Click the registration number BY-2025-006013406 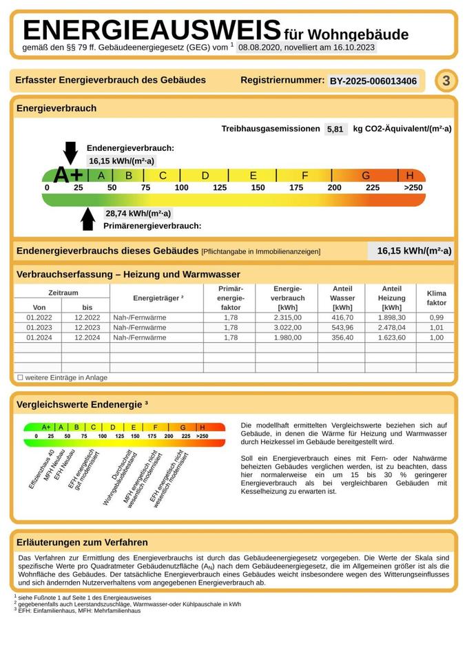click(373, 81)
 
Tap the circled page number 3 click(446, 81)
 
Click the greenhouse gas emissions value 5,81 click(335, 129)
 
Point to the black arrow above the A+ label click(70, 152)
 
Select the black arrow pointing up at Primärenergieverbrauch click(87, 218)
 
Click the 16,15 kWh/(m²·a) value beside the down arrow click(121, 160)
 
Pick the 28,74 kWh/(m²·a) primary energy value click(138, 213)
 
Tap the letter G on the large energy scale click(366, 176)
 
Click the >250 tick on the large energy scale click(413, 188)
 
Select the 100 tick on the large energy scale click(181, 188)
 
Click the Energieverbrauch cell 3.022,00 click(288, 328)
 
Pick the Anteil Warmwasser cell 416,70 click(342, 317)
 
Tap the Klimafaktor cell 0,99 click(437, 317)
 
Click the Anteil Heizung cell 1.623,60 click(392, 338)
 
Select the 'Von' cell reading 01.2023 click(39, 328)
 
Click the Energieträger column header click(158, 297)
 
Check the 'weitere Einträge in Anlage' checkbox click(20, 377)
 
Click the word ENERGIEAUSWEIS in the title click(152, 31)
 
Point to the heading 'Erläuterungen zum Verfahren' click(82, 543)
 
